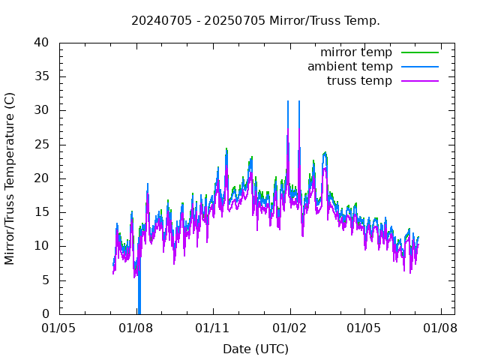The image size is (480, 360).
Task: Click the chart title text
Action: pyautogui.click(x=256, y=20)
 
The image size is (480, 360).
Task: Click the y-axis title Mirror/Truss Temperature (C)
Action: pyautogui.click(x=10, y=178)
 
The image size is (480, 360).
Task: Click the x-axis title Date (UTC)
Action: pyautogui.click(x=256, y=349)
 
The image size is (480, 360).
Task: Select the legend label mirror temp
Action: pyautogui.click(x=356, y=52)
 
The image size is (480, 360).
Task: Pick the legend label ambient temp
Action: pyautogui.click(x=349, y=67)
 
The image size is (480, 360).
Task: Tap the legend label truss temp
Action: pyautogui.click(x=359, y=81)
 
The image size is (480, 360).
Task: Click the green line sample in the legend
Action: pyautogui.click(x=419, y=52)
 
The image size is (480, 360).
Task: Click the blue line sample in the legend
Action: pyautogui.click(x=419, y=67)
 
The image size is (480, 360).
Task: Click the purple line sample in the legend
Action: pyautogui.click(x=419, y=81)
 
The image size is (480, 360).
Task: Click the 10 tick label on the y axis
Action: pyautogui.click(x=41, y=246)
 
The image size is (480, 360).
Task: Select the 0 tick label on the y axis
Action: pyautogui.click(x=45, y=314)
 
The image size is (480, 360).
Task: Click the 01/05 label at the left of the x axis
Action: pyautogui.click(x=59, y=328)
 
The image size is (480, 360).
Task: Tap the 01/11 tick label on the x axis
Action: pyautogui.click(x=213, y=328)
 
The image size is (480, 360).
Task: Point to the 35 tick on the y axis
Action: pyautogui.click(x=41, y=76)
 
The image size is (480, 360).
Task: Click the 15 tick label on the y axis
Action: pyautogui.click(x=41, y=212)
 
